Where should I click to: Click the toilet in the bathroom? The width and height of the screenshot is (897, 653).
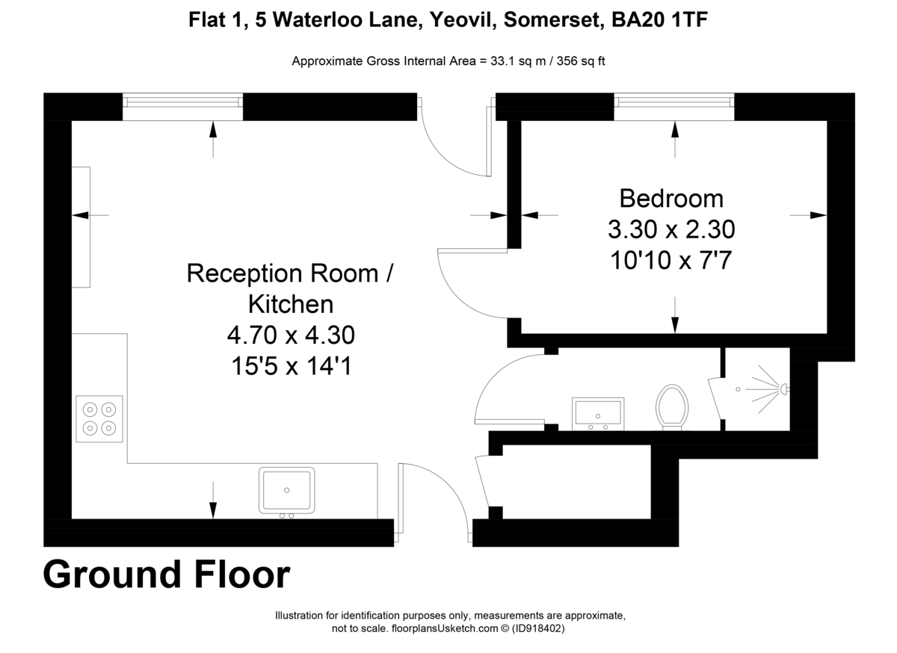(672, 407)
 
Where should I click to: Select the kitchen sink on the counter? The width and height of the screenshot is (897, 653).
(287, 490)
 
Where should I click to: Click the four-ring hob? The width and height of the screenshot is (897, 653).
(99, 418)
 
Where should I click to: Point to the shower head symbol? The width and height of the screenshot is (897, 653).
(783, 389)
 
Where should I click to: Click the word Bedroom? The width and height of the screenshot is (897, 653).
(671, 199)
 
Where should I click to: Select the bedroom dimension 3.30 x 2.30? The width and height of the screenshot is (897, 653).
(671, 229)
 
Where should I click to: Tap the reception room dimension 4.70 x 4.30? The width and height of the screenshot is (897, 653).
(290, 335)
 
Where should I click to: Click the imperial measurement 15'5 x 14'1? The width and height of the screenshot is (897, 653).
(290, 366)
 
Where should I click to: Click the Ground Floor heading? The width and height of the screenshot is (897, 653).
(166, 575)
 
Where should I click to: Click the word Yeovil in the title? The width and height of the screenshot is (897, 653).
(457, 22)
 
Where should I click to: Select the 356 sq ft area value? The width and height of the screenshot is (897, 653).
(578, 61)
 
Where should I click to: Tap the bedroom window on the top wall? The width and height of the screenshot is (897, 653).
(673, 106)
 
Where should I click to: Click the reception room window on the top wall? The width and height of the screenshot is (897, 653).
(182, 106)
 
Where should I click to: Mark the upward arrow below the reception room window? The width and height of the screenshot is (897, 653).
(213, 139)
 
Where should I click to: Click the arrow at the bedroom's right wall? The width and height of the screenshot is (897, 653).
(809, 215)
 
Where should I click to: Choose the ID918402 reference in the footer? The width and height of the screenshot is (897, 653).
(538, 629)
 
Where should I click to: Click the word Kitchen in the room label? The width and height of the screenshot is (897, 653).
(290, 304)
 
